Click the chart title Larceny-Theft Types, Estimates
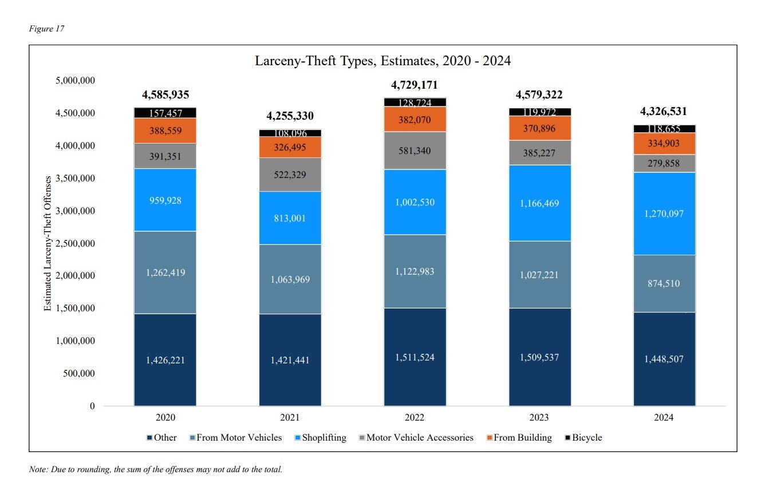coord(382,61)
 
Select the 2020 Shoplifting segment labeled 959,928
coord(165,200)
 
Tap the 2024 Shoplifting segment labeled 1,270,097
coord(664,213)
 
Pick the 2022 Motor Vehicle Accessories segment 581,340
coord(415,151)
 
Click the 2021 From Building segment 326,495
coord(290,147)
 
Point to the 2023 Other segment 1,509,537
coord(540,357)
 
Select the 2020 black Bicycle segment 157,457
coord(165,113)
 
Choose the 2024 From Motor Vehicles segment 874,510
coord(664,283)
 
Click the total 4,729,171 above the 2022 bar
coord(415,85)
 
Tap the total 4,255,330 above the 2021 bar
coord(290,116)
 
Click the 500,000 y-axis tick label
coord(76,374)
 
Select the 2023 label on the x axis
coord(539,418)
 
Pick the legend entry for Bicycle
coord(583,438)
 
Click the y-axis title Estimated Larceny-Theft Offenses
coord(48,244)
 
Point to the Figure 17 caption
coord(46,29)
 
